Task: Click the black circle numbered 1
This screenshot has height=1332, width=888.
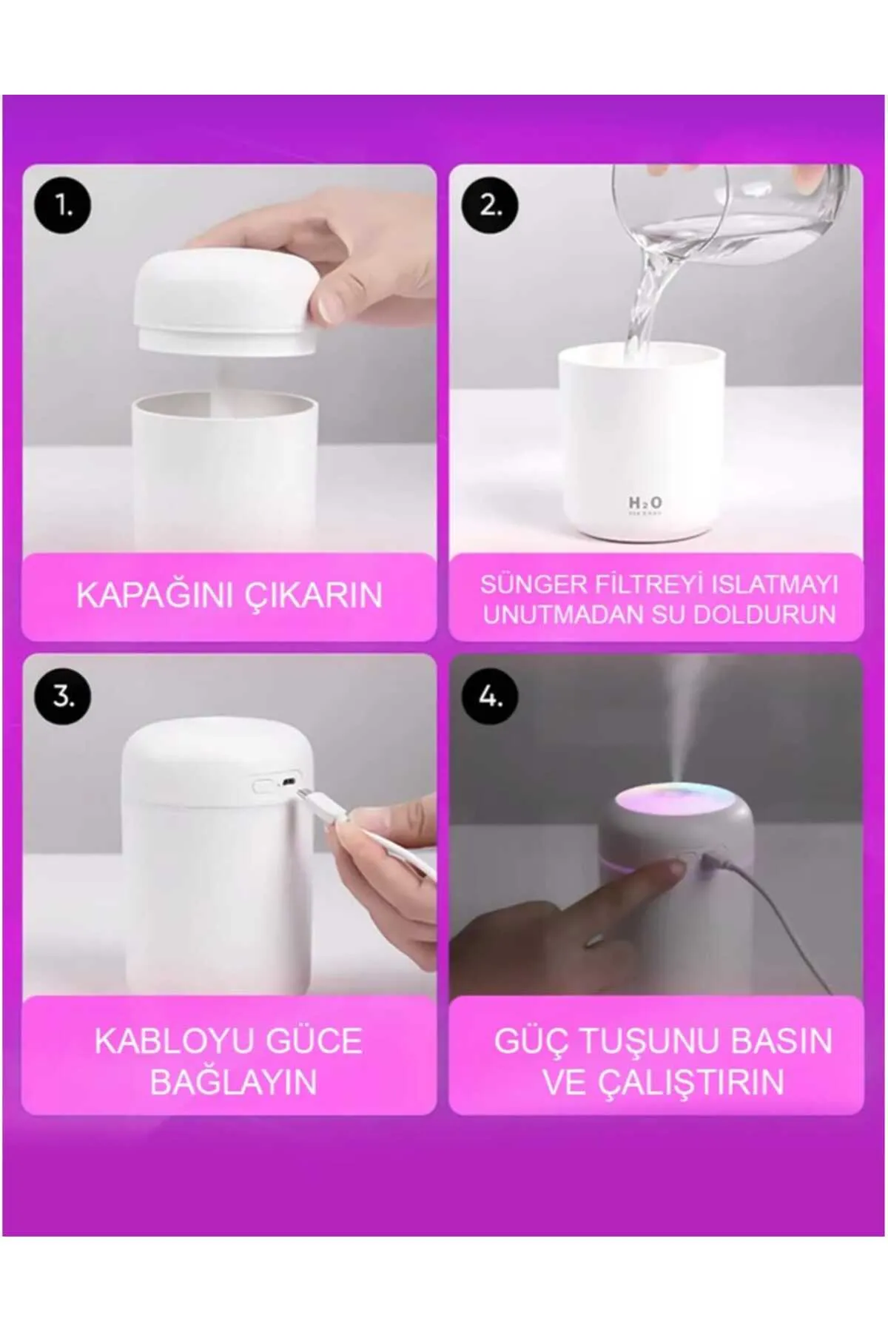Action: [63, 206]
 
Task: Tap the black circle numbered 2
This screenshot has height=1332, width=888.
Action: [490, 206]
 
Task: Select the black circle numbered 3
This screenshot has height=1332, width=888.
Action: [63, 696]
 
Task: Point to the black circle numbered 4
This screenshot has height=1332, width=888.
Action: [490, 696]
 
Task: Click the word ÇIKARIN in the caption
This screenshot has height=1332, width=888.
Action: [315, 595]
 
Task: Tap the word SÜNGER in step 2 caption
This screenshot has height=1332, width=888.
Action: [533, 584]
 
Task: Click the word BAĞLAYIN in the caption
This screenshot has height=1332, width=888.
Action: [233, 1082]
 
